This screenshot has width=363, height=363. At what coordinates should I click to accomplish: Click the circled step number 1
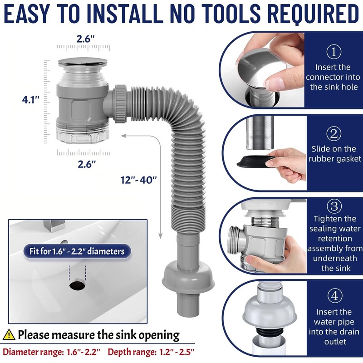[334, 52]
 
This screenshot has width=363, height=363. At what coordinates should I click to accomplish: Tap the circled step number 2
[334, 133]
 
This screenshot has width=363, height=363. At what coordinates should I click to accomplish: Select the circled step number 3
[334, 207]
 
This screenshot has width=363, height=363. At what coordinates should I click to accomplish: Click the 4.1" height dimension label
[30, 99]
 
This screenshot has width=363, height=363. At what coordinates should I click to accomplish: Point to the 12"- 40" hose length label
[139, 179]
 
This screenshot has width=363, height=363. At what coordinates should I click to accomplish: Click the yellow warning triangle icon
[9, 335]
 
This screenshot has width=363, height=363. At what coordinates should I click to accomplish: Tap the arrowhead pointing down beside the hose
[160, 235]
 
